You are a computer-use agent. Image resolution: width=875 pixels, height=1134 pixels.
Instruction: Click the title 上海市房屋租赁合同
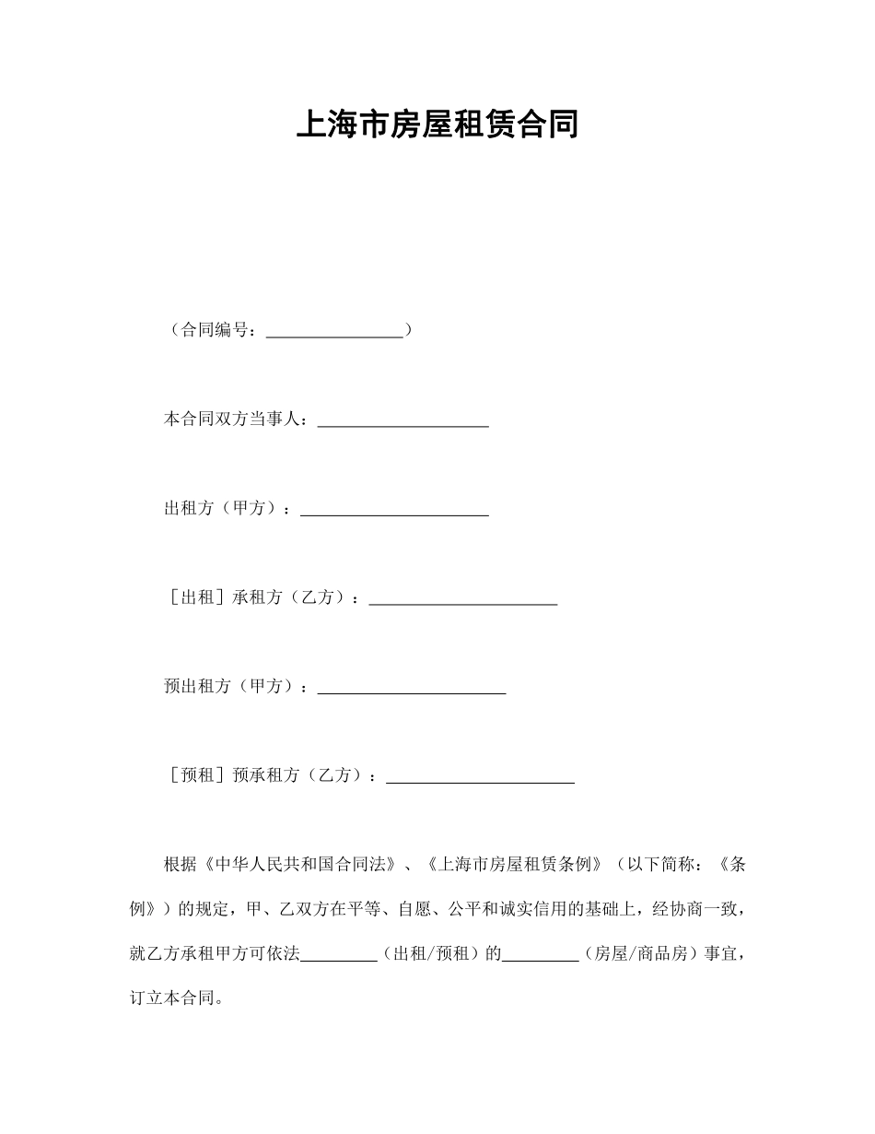point(437,124)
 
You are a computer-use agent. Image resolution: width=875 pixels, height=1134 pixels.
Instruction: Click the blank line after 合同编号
point(334,332)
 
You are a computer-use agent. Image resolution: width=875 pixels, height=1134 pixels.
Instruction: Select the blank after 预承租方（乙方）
point(480,780)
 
